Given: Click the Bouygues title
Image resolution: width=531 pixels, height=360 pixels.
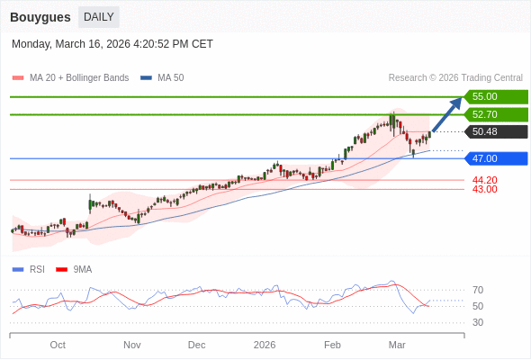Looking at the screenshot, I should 40,17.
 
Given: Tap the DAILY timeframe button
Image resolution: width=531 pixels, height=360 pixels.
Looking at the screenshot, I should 98,17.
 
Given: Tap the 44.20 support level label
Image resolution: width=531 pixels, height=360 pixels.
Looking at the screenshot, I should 484,180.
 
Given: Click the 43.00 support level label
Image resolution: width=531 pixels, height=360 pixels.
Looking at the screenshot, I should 484,189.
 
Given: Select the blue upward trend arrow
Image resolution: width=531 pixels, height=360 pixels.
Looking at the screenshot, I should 447,113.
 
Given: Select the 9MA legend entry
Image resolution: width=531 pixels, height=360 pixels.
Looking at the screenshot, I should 82,269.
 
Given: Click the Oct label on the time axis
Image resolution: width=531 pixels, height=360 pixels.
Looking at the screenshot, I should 58,345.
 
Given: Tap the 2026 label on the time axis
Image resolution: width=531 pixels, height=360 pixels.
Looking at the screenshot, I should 265,345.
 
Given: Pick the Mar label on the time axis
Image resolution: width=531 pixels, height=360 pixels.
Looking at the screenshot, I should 397,345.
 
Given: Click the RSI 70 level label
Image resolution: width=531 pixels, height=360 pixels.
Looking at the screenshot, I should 478,290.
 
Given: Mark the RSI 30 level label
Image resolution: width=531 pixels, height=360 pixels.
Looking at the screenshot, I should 478,322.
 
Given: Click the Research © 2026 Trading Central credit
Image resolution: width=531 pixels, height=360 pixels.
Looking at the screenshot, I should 455,78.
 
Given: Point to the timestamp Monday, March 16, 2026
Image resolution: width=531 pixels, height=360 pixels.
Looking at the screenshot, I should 112,44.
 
